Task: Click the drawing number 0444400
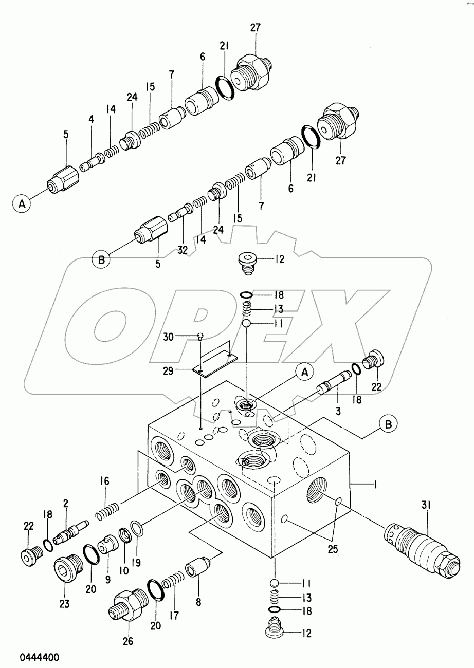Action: (40, 657)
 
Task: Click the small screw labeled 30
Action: (200, 337)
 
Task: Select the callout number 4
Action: (91, 120)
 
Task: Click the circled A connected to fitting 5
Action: (22, 204)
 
